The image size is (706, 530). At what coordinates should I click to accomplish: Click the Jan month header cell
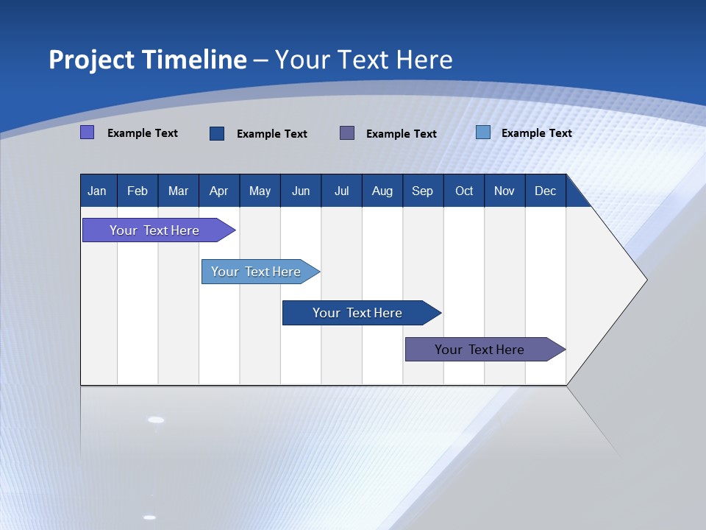pyautogui.click(x=98, y=191)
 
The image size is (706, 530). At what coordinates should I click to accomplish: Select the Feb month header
pyautogui.click(x=138, y=191)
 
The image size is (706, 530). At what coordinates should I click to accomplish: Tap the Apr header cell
pyautogui.click(x=219, y=191)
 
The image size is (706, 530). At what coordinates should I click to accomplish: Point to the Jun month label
pyautogui.click(x=301, y=191)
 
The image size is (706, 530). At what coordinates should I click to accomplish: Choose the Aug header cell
pyautogui.click(x=382, y=191)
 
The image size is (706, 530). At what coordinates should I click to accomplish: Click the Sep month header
pyautogui.click(x=423, y=191)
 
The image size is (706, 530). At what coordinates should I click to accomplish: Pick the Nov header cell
pyautogui.click(x=504, y=191)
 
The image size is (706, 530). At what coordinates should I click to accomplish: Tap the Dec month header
pyautogui.click(x=546, y=191)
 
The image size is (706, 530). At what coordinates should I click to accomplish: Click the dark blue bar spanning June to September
pyautogui.click(x=358, y=313)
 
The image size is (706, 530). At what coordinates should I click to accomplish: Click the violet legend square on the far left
pyautogui.click(x=88, y=132)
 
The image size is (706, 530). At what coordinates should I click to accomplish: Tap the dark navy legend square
pyautogui.click(x=217, y=133)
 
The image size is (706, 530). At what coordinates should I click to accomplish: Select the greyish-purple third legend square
pyautogui.click(x=347, y=133)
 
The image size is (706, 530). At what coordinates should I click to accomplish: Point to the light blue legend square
pyautogui.click(x=483, y=132)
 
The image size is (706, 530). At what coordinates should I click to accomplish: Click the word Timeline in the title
pyautogui.click(x=193, y=60)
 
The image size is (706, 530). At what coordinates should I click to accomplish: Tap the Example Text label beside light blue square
pyautogui.click(x=536, y=132)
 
